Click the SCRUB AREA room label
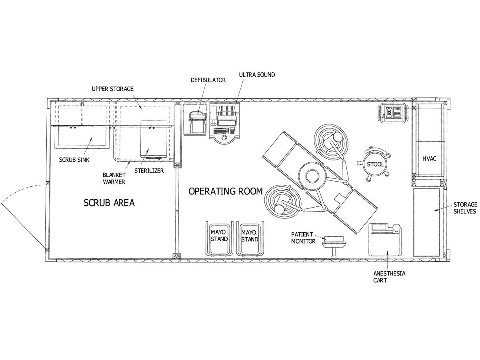tap(109, 203)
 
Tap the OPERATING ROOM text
tap(225, 191)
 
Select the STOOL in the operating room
tap(375, 164)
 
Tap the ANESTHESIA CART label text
tap(389, 277)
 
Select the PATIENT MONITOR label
tap(302, 238)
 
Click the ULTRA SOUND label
tap(257, 75)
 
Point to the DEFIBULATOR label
tap(208, 80)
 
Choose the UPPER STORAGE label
tap(112, 89)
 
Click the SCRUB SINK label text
tap(74, 160)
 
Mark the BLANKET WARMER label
tap(114, 178)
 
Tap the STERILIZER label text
tap(149, 171)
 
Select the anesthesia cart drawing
tap(385, 240)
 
